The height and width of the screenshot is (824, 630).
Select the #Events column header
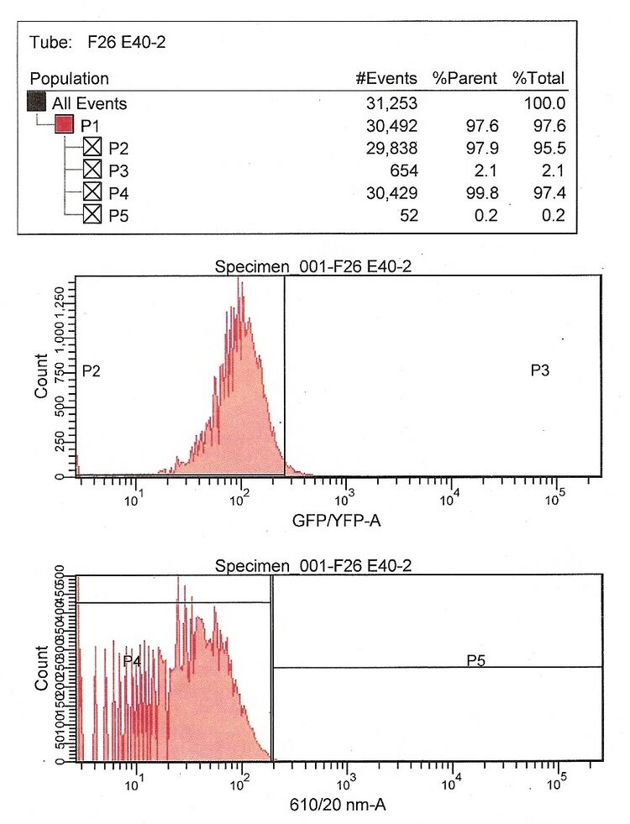click(x=386, y=79)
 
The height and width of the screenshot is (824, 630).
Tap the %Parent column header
click(x=465, y=79)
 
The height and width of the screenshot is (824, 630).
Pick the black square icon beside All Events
click(x=36, y=103)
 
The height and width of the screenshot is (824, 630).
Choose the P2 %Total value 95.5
click(x=549, y=149)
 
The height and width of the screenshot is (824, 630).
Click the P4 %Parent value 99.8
click(x=482, y=194)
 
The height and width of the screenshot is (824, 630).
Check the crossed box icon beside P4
click(x=92, y=194)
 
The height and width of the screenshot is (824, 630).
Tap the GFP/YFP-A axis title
click(x=332, y=522)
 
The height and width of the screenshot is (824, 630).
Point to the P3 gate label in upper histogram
click(x=540, y=370)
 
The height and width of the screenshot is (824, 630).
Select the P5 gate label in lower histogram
click(x=477, y=660)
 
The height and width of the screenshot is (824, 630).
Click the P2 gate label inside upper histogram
click(x=92, y=370)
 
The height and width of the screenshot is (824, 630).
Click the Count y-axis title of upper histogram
click(x=41, y=375)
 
